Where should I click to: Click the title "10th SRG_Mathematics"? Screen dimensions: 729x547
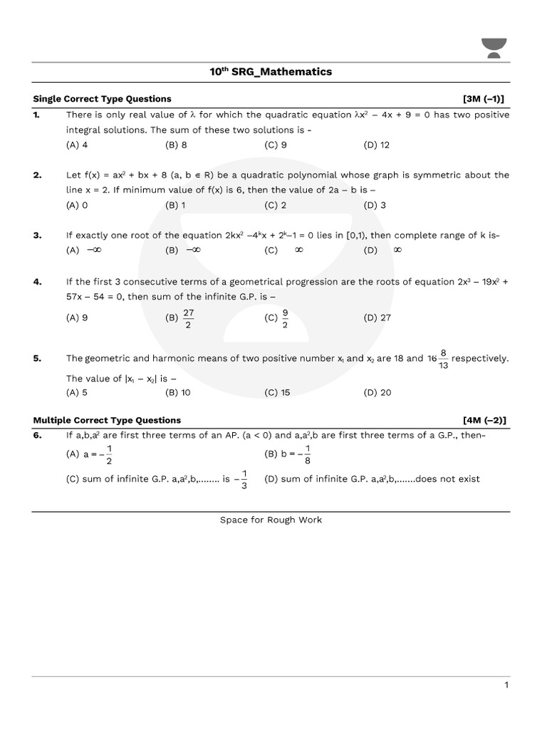click(271, 72)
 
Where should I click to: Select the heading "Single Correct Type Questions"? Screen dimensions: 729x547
click(103, 99)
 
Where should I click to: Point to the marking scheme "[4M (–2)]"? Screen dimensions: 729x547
click(488, 420)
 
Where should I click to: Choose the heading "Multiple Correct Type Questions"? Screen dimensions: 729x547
click(108, 420)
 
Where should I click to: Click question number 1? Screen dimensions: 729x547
click(37, 115)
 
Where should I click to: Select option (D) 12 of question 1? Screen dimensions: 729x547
click(376, 145)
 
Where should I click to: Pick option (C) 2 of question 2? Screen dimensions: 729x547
click(276, 205)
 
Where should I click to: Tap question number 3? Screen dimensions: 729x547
click(37, 235)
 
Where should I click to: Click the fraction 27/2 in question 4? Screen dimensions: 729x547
click(188, 318)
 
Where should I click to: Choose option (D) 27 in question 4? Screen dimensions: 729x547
click(377, 318)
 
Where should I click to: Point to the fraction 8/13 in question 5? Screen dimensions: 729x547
click(443, 359)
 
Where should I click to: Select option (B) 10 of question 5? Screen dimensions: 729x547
click(178, 392)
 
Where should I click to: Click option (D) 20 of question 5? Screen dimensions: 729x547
click(377, 392)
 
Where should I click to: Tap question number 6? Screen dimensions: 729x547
click(37, 435)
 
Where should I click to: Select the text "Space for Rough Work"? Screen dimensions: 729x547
click(271, 520)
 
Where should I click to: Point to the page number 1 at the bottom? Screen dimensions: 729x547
click(506, 685)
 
